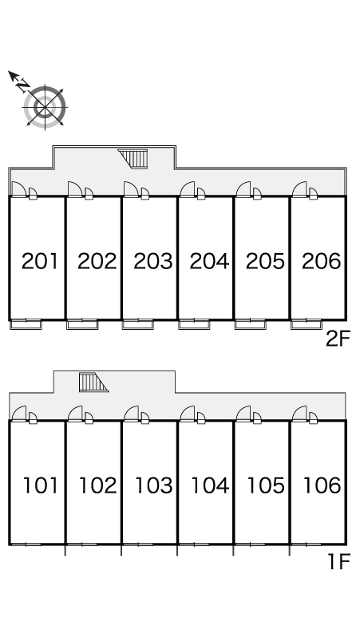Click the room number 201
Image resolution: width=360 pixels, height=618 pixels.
(40, 261)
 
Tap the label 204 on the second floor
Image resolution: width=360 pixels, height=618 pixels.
(209, 261)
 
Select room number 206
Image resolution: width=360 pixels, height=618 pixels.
(322, 261)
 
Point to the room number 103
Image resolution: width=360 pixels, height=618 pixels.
(153, 485)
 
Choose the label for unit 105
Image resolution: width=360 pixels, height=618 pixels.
(266, 485)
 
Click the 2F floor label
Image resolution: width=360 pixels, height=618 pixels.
(338, 339)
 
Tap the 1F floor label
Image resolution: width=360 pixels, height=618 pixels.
(339, 561)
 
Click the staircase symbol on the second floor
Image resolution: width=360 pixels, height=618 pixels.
(133, 158)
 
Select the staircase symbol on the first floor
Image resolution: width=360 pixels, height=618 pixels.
(93, 382)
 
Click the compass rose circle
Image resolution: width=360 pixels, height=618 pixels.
(45, 107)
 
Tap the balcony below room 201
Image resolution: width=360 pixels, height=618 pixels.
(26, 324)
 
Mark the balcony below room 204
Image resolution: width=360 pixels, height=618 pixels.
(194, 324)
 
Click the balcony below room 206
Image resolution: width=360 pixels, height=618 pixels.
(307, 324)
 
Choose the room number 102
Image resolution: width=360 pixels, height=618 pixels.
(97, 485)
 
